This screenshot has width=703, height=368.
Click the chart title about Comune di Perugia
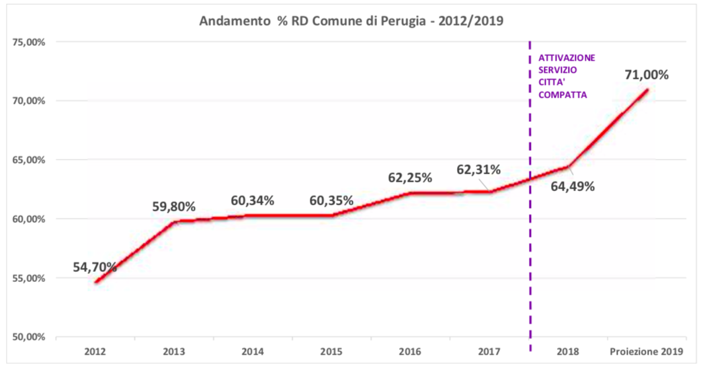351,20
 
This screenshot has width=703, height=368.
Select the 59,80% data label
173,206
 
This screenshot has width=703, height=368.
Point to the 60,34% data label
252,200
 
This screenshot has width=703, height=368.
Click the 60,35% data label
331,200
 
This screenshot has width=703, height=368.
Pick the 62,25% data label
410,178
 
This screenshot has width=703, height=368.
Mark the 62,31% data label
479,170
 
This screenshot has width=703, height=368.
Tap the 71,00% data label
647,75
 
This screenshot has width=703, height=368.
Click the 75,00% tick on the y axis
28,42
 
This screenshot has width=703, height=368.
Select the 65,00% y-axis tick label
28,160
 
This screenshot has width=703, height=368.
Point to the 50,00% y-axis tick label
28,337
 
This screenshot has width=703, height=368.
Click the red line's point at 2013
175,221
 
